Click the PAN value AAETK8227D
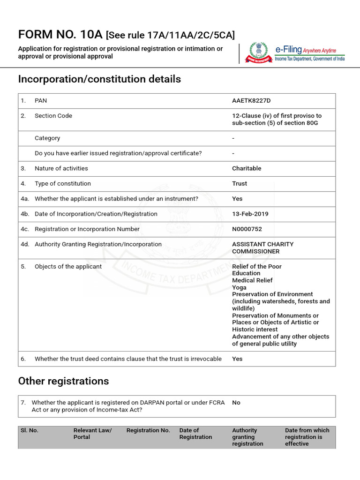[x=251, y=101]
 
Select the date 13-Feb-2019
[x=250, y=214]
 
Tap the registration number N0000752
[x=247, y=229]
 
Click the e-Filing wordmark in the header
[x=288, y=50]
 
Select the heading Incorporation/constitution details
[x=99, y=79]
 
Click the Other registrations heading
[x=63, y=381]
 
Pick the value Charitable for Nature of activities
[x=247, y=168]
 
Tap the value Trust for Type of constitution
[x=240, y=184]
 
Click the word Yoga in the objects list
[x=239, y=287]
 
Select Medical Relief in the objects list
[x=252, y=280]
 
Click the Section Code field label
[x=53, y=116]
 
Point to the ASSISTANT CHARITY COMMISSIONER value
[x=262, y=247]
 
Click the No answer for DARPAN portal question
[x=236, y=403]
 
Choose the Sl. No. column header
[x=29, y=430]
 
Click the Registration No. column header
[x=148, y=430]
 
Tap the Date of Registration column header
[x=195, y=434]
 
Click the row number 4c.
[x=25, y=229]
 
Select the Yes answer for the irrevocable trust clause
[x=237, y=359]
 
